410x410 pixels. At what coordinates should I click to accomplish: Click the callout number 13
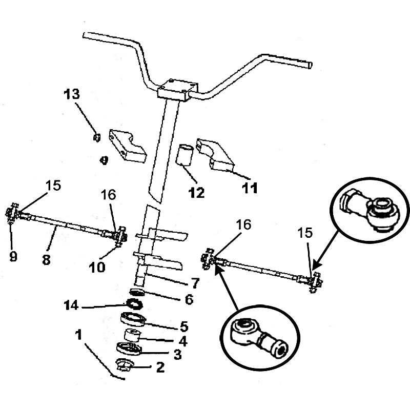pyautogui.click(x=72, y=94)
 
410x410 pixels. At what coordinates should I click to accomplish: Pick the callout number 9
pyautogui.click(x=13, y=257)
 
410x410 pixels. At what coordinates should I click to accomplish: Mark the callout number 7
pyautogui.click(x=195, y=282)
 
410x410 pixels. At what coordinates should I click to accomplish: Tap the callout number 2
pyautogui.click(x=160, y=367)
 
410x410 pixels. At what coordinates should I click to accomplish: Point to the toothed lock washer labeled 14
pyautogui.click(x=135, y=304)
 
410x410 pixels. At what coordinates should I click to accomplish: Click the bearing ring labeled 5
pyautogui.click(x=135, y=319)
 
